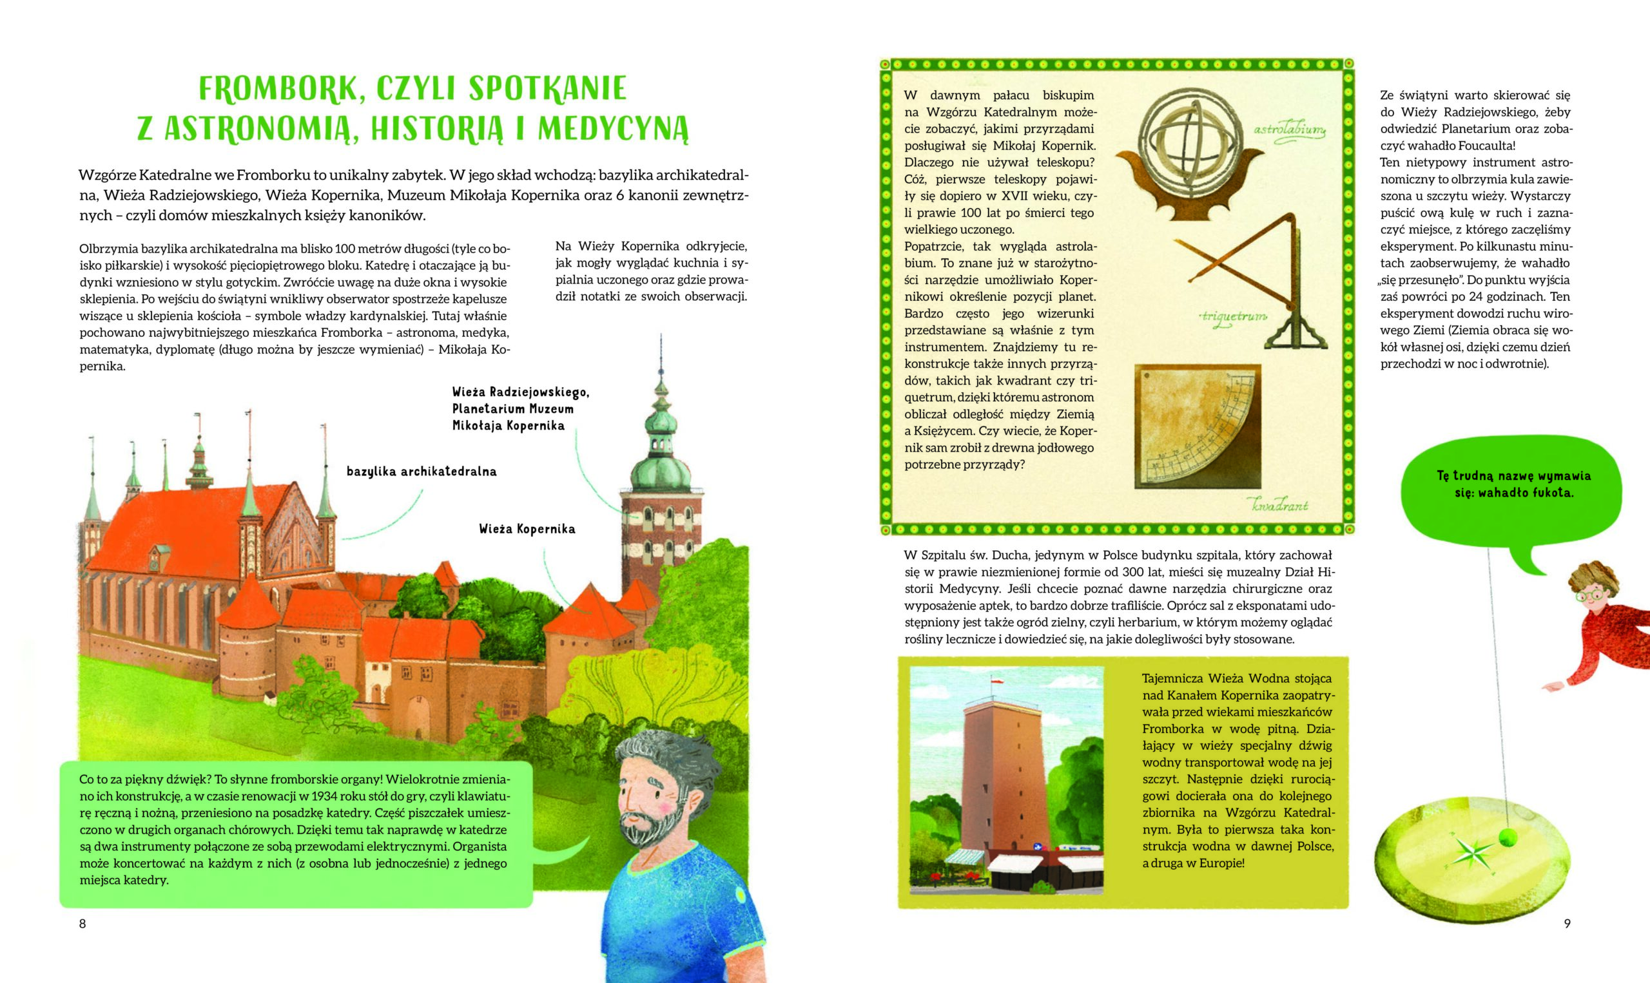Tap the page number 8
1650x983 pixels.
click(x=82, y=923)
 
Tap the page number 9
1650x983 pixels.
click(x=1567, y=923)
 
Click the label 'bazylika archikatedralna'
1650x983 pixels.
click(x=422, y=472)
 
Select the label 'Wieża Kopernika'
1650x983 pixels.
click(x=527, y=530)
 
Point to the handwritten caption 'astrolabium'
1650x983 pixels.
click(x=1289, y=130)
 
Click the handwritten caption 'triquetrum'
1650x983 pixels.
click(x=1233, y=317)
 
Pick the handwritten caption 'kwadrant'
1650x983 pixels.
click(x=1280, y=506)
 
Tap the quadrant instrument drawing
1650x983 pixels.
click(x=1197, y=426)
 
